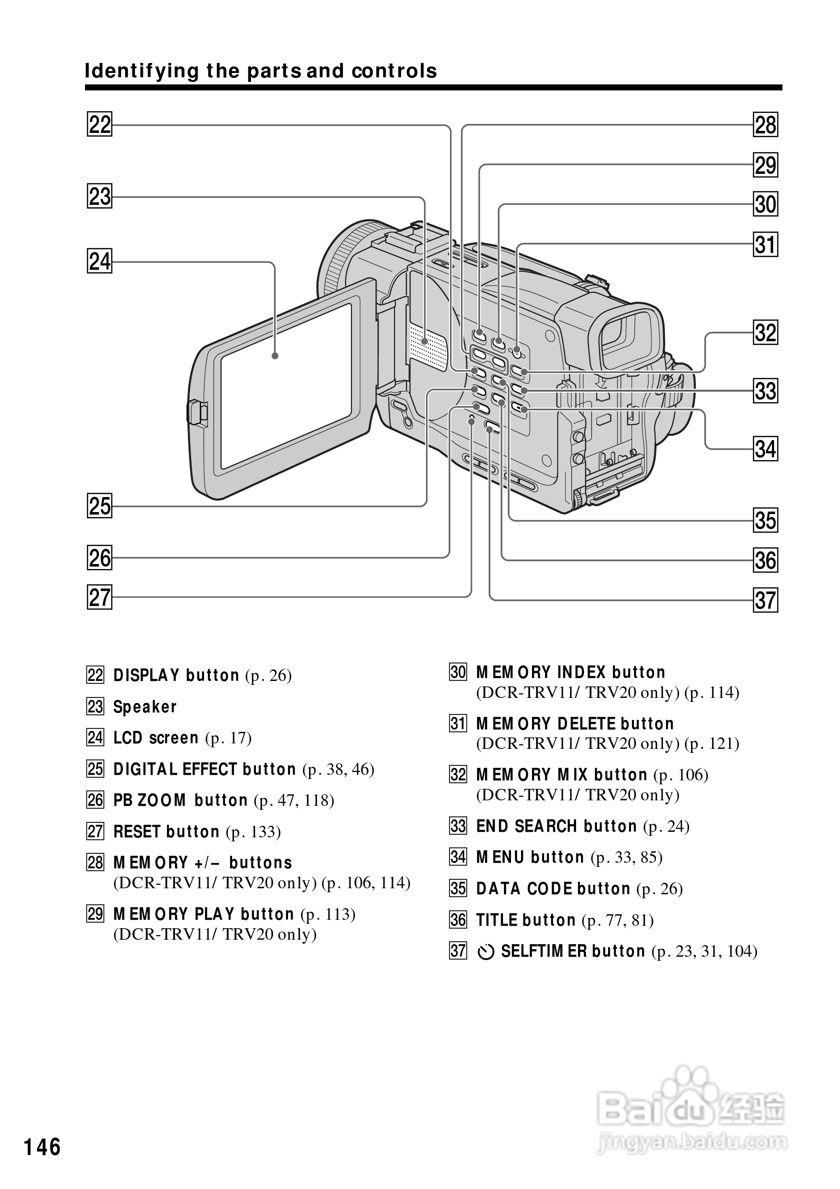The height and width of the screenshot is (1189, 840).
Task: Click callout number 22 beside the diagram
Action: pos(99,125)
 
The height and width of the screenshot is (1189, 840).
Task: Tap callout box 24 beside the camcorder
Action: pos(99,261)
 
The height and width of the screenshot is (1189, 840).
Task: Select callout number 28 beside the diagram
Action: pos(765,125)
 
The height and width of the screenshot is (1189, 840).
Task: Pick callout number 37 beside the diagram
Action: pos(765,600)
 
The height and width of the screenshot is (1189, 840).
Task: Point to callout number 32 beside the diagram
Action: pos(765,332)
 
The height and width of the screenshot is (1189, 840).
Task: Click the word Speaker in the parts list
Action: pos(145,707)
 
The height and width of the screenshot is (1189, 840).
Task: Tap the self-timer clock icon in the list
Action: pos(485,952)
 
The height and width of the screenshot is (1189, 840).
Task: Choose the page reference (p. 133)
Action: pos(253,832)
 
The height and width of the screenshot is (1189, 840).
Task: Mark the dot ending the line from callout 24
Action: pos(275,356)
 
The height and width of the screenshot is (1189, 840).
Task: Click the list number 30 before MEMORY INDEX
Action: pos(458,672)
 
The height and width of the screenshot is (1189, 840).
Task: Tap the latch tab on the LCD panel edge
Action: pos(197,413)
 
